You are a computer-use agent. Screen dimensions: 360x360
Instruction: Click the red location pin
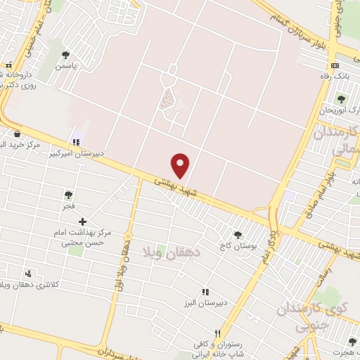tap(181, 165)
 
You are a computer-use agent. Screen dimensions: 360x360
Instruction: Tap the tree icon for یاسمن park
tap(65, 55)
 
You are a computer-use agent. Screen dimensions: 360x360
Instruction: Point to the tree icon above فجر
tap(68, 195)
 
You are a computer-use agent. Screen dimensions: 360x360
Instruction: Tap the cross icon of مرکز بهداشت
tap(83, 221)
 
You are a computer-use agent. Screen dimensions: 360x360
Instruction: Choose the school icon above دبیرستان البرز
tap(205, 292)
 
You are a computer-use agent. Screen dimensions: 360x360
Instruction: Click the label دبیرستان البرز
tap(205, 302)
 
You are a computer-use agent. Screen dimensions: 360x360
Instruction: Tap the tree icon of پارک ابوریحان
tap(341, 99)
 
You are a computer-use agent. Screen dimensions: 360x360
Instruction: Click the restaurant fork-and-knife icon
tap(219, 333)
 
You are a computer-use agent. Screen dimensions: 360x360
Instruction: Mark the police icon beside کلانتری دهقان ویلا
tap(28, 274)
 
